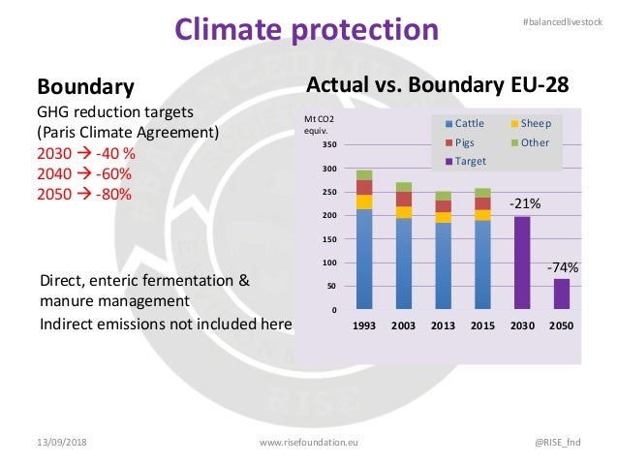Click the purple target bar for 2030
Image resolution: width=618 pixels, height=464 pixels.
(522, 263)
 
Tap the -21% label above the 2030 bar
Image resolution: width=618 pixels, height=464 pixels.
(525, 204)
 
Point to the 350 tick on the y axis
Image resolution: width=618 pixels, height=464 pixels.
(328, 145)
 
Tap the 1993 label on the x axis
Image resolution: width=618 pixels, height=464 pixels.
(364, 325)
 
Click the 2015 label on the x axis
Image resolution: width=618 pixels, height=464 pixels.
(482, 325)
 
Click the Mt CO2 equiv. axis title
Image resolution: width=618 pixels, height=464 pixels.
(321, 124)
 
